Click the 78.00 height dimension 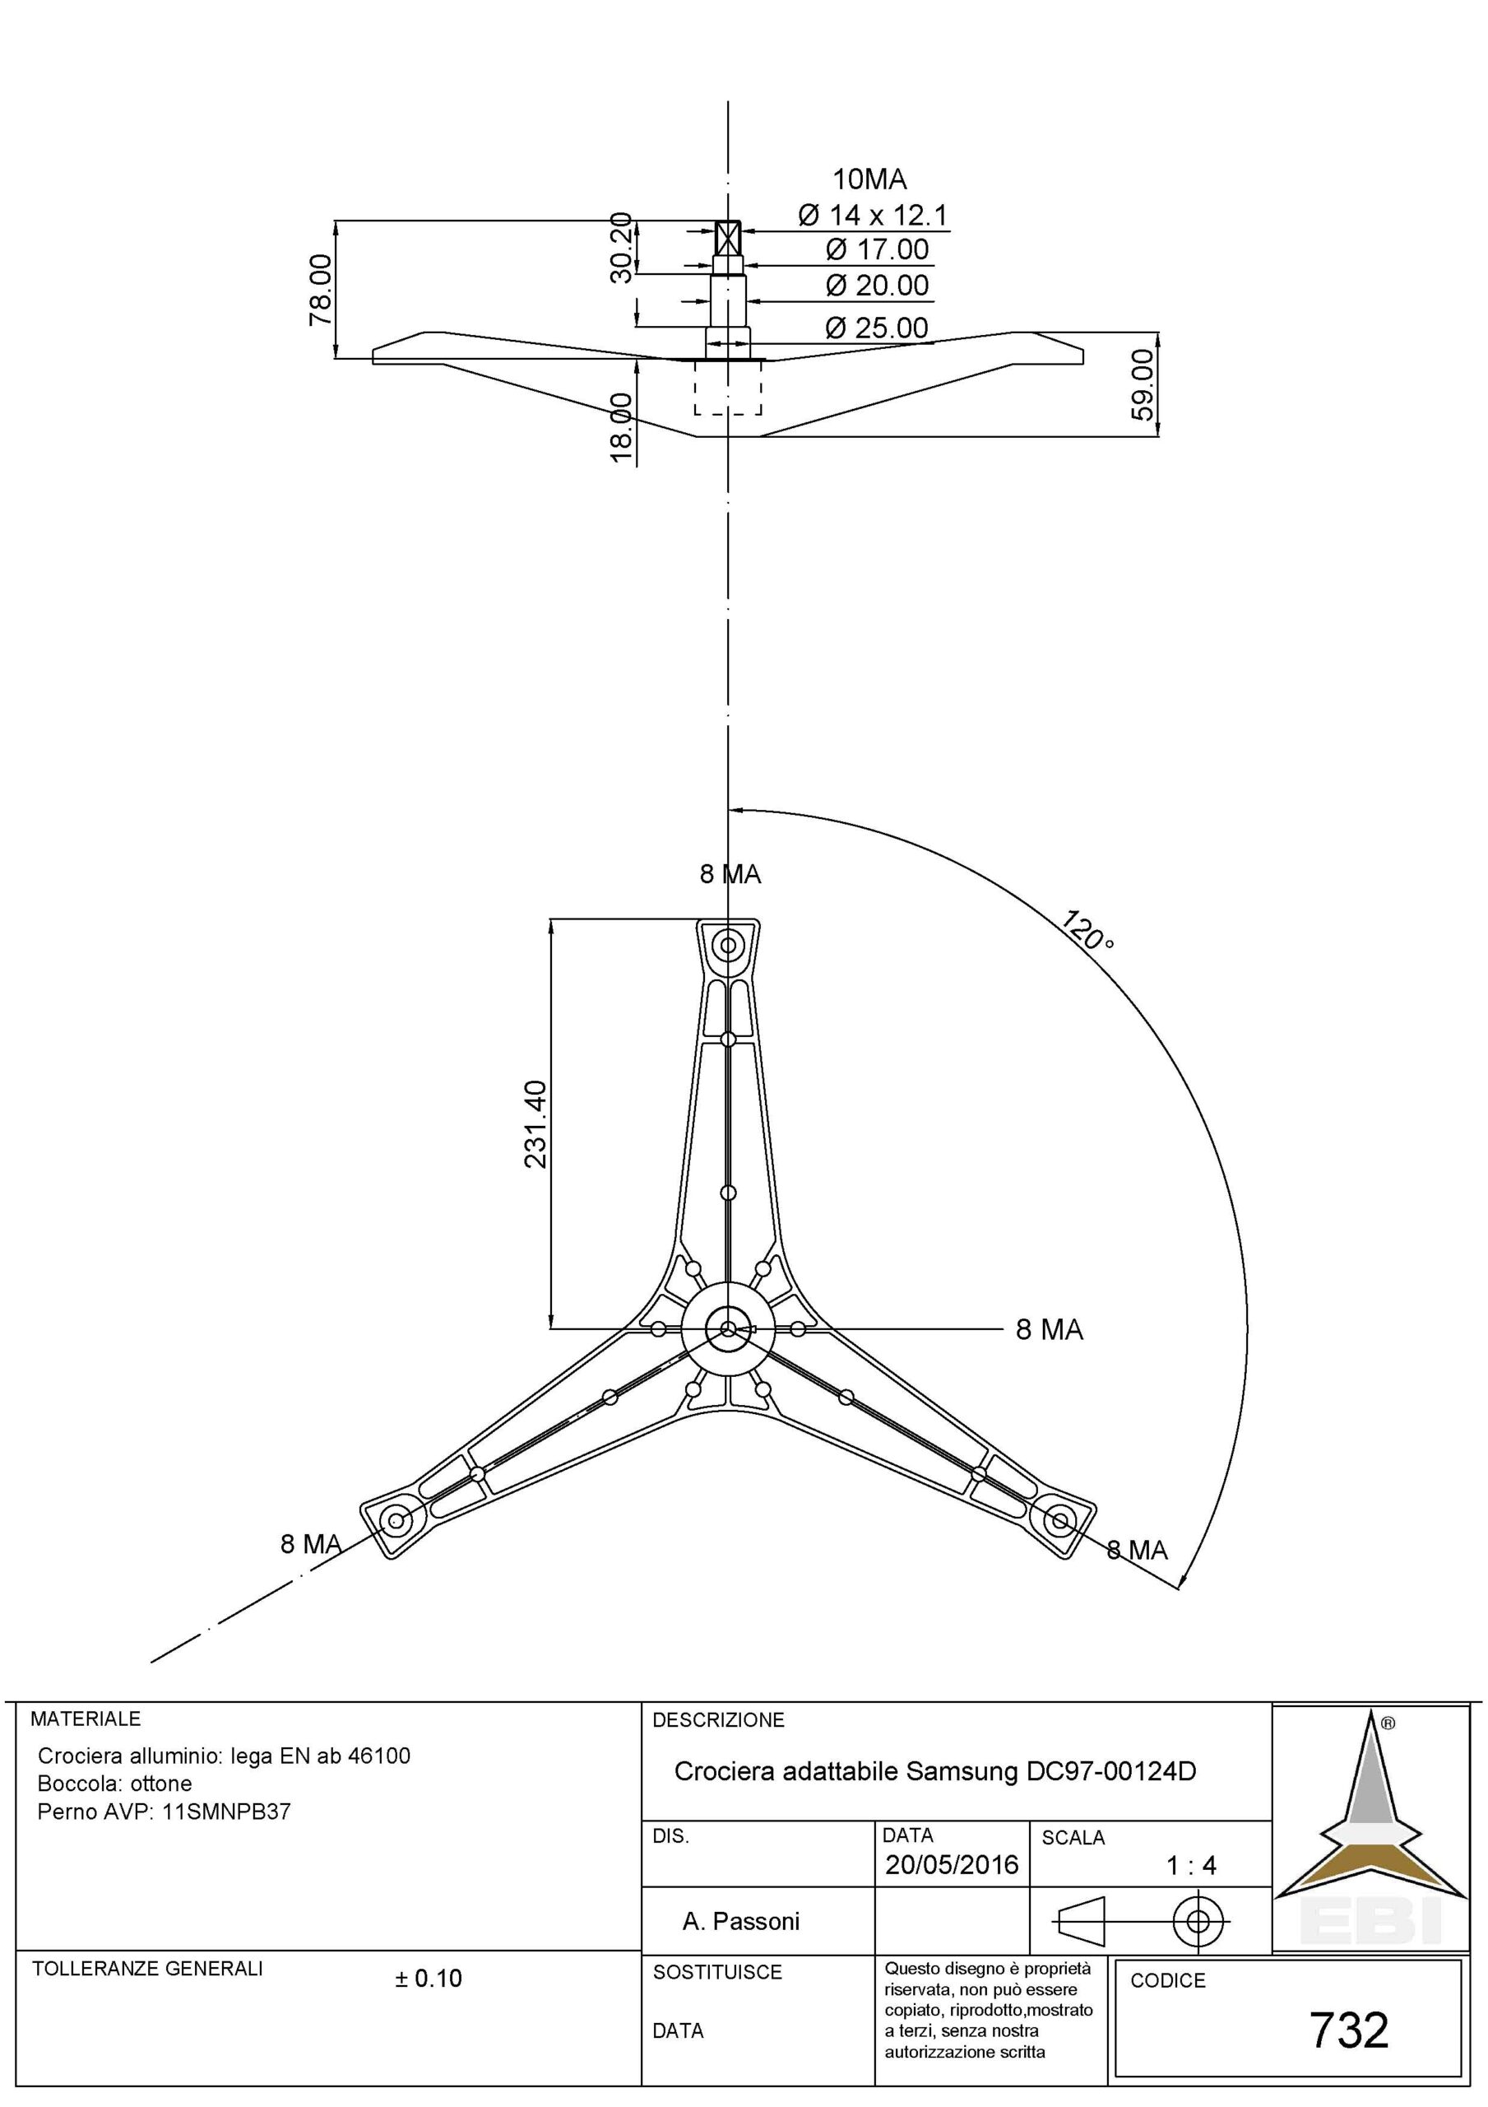321,289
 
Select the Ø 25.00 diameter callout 876,328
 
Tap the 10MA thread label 869,178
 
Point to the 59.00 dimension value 1143,384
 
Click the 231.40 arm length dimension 535,1123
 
